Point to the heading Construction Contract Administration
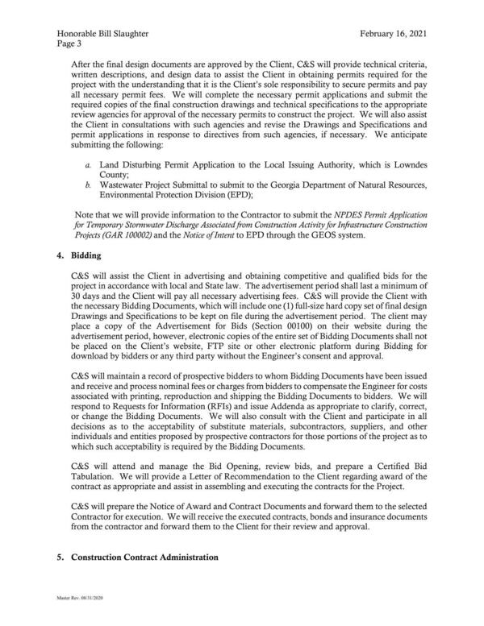tap(145, 558)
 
